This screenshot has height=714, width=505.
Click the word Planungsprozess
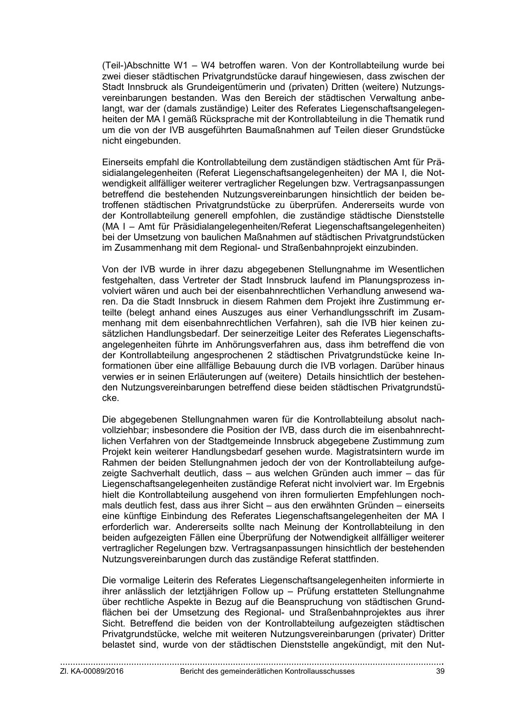click(398, 280)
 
